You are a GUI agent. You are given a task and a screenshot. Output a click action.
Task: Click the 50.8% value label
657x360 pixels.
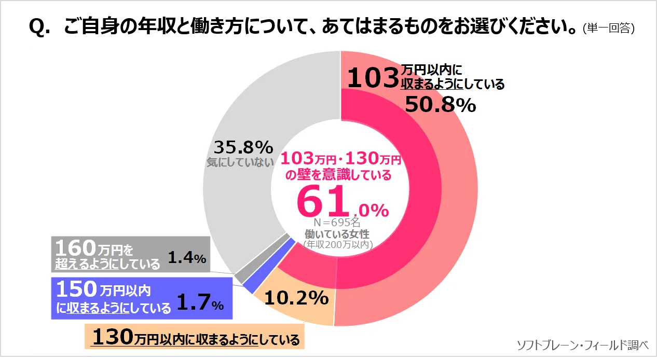(x=440, y=105)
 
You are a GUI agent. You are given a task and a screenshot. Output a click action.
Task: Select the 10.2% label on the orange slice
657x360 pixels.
(x=296, y=298)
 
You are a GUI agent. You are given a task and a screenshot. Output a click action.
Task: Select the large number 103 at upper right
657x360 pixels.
(x=372, y=79)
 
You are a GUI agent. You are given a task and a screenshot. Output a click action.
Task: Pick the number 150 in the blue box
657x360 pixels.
(x=76, y=288)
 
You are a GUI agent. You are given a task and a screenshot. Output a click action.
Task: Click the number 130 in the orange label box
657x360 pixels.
(x=113, y=337)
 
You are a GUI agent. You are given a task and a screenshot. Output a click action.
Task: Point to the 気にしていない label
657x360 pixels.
(x=240, y=162)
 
